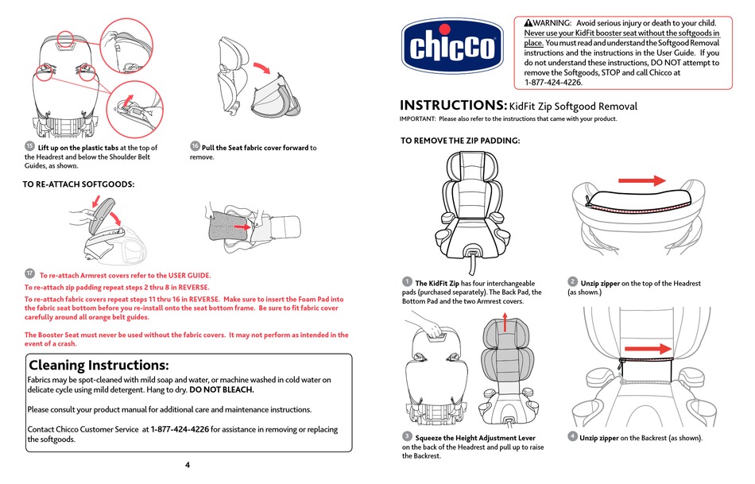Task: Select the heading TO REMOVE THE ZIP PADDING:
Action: (x=459, y=141)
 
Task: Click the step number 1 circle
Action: (x=406, y=281)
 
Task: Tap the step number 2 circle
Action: (x=572, y=281)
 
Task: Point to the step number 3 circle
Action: (x=406, y=436)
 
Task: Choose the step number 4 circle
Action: (x=572, y=436)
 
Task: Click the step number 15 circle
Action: (x=29, y=146)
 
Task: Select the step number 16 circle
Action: (x=195, y=146)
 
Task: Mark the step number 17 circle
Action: (x=29, y=273)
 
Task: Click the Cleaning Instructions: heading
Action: (x=99, y=365)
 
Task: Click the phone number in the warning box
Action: (x=553, y=83)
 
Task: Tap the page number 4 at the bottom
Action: (x=188, y=465)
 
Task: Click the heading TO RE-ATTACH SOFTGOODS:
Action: (x=79, y=184)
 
